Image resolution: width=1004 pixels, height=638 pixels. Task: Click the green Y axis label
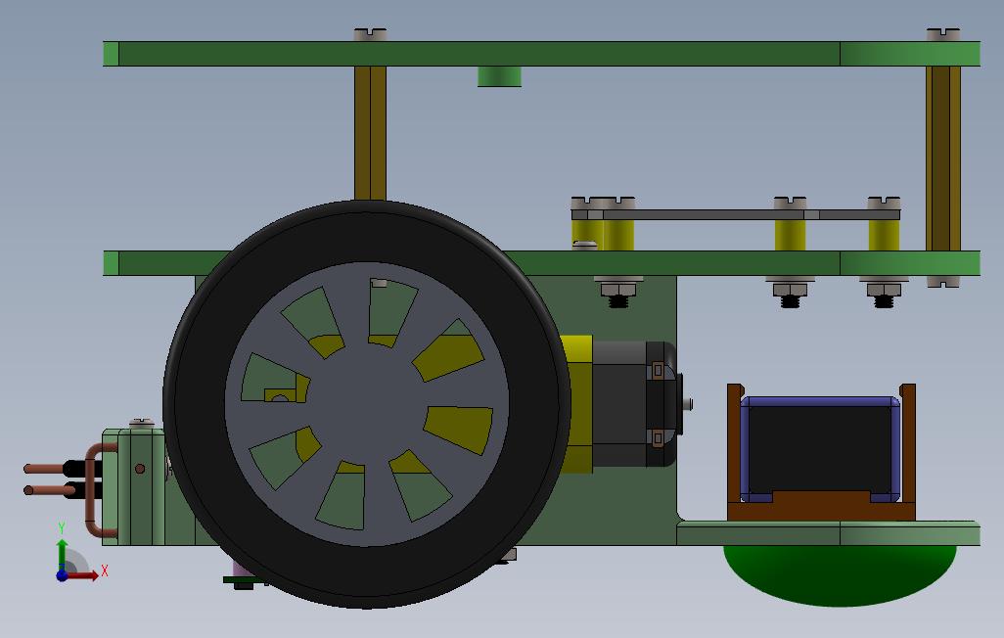point(62,527)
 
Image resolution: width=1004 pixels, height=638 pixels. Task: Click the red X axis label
point(105,570)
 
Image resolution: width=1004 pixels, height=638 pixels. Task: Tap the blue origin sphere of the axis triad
point(62,575)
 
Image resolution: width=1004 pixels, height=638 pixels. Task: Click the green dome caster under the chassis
point(840,574)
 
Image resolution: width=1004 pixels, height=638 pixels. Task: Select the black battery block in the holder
point(820,448)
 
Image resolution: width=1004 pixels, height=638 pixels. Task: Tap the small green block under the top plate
point(499,76)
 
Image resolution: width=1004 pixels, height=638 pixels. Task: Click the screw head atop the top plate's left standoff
point(370,34)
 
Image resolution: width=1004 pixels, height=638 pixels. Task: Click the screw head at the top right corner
point(943,34)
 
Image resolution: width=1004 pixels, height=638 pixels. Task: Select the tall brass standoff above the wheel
point(370,133)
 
